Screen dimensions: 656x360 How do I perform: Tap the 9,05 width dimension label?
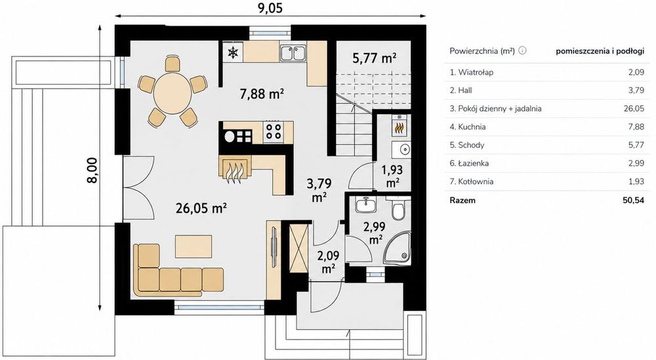pyautogui.click(x=270, y=8)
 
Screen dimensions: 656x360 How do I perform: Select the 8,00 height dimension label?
pyautogui.click(x=92, y=170)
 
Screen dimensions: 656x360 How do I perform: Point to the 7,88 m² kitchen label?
pyautogui.click(x=262, y=94)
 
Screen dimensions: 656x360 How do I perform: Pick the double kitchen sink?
pyautogui.click(x=293, y=52)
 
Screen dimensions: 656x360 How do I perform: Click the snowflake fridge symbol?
pyautogui.click(x=233, y=52)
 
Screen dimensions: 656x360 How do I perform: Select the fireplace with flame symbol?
pyautogui.click(x=234, y=169)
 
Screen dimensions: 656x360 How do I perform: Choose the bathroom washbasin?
pyautogui.click(x=367, y=205)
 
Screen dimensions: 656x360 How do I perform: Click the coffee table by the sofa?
pyautogui.click(x=194, y=247)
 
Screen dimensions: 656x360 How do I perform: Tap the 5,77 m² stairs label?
pyautogui.click(x=375, y=58)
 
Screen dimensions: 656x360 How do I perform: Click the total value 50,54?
pyautogui.click(x=634, y=200)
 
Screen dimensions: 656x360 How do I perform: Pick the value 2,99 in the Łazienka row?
pyautogui.click(x=636, y=163)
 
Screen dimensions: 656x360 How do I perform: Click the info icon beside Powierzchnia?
pyautogui.click(x=522, y=50)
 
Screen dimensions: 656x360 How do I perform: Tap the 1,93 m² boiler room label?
pyautogui.click(x=392, y=176)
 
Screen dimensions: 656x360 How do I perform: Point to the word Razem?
pyautogui.click(x=462, y=200)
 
